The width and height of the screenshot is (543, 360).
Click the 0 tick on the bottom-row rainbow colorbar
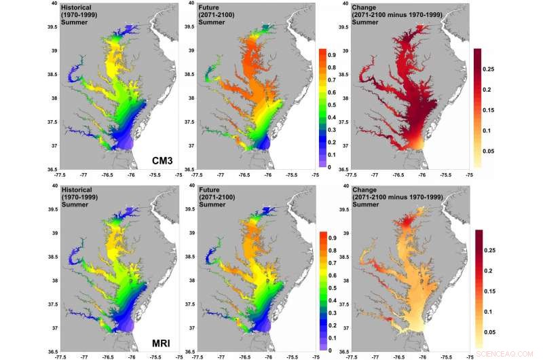(329, 350)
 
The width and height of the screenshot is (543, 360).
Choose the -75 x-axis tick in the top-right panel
(470, 175)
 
